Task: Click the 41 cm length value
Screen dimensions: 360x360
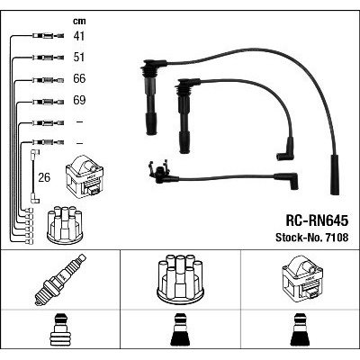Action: [79, 36]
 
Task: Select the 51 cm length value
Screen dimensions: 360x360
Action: [79, 57]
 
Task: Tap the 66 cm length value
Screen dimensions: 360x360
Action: [79, 78]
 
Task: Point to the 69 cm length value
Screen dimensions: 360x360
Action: [79, 100]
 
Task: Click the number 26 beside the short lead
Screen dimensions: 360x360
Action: [44, 177]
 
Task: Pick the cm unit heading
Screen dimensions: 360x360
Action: [79, 21]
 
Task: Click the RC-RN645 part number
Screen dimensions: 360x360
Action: [317, 221]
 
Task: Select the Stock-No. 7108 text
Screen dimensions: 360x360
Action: [312, 238]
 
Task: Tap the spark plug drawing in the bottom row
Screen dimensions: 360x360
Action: [60, 280]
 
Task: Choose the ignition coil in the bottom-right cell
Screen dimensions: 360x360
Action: [302, 277]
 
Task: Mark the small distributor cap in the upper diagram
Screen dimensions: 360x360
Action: [65, 225]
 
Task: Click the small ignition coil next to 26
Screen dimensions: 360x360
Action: [85, 176]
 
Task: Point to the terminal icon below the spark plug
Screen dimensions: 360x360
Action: [60, 329]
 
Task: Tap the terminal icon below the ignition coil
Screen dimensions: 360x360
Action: [301, 329]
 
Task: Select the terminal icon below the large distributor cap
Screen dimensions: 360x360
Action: [180, 329]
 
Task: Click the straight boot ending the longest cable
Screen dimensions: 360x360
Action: [335, 175]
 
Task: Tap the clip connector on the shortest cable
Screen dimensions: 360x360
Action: [158, 173]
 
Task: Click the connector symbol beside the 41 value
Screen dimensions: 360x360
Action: [48, 36]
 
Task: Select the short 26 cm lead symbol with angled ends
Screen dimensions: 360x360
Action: [34, 176]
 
